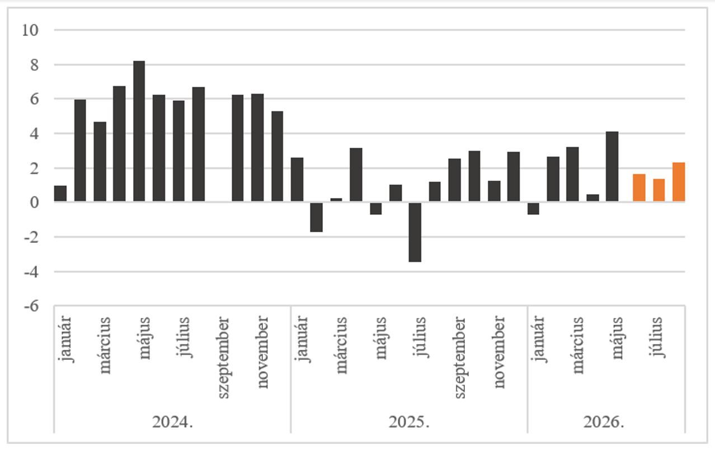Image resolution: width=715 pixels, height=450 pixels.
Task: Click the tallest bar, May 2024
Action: (139, 131)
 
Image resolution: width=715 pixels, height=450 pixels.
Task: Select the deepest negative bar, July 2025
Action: (415, 232)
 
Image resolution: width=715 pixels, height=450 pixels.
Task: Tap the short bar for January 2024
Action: (60, 193)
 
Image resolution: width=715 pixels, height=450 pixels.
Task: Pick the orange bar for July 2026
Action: (659, 190)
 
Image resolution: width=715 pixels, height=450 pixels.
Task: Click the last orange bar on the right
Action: (679, 182)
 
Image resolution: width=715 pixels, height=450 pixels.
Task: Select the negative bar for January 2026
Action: (533, 209)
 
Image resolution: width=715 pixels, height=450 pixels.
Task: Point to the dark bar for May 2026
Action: (612, 166)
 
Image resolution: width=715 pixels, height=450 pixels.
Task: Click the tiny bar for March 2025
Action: (336, 200)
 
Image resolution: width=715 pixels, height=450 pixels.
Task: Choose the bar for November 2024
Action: (257, 148)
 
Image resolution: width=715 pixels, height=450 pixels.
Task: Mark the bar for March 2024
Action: (100, 162)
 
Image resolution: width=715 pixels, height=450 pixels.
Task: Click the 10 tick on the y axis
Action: (30, 30)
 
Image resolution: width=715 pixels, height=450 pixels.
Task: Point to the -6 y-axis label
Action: (31, 306)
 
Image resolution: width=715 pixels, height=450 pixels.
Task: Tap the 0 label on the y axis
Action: (34, 202)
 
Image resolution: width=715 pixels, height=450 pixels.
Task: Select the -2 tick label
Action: (31, 237)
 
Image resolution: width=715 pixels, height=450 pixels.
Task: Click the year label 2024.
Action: (172, 422)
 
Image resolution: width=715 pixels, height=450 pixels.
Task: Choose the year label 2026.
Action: (604, 422)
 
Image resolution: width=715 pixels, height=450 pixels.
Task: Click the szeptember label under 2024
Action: (223, 358)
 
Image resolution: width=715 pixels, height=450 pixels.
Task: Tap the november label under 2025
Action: (500, 352)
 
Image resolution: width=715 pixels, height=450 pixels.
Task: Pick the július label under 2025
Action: (421, 337)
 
